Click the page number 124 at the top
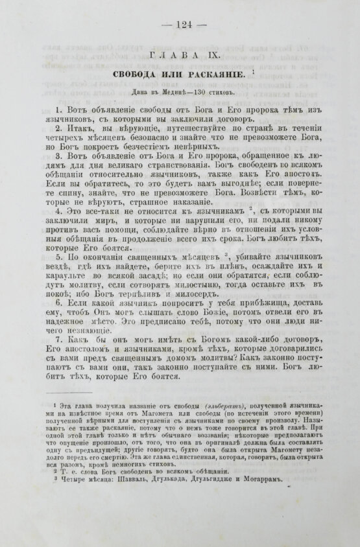[179, 25]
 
